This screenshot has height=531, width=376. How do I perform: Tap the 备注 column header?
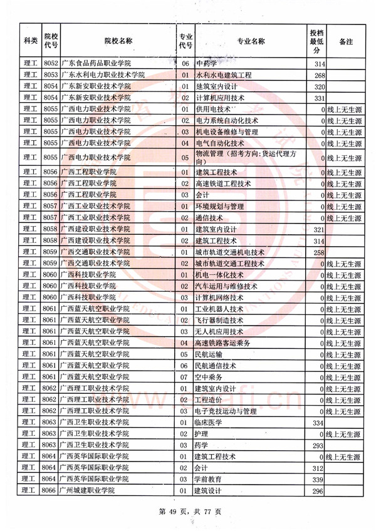click(345, 41)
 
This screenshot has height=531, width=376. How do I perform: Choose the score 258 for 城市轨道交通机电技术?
click(319, 252)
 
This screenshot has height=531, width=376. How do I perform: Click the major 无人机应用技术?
click(220, 331)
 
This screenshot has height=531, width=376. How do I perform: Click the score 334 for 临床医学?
click(319, 423)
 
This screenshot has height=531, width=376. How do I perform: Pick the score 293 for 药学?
click(319, 446)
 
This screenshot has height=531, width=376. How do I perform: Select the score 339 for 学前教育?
click(319, 480)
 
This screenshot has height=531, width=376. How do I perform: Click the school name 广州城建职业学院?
click(92, 491)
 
